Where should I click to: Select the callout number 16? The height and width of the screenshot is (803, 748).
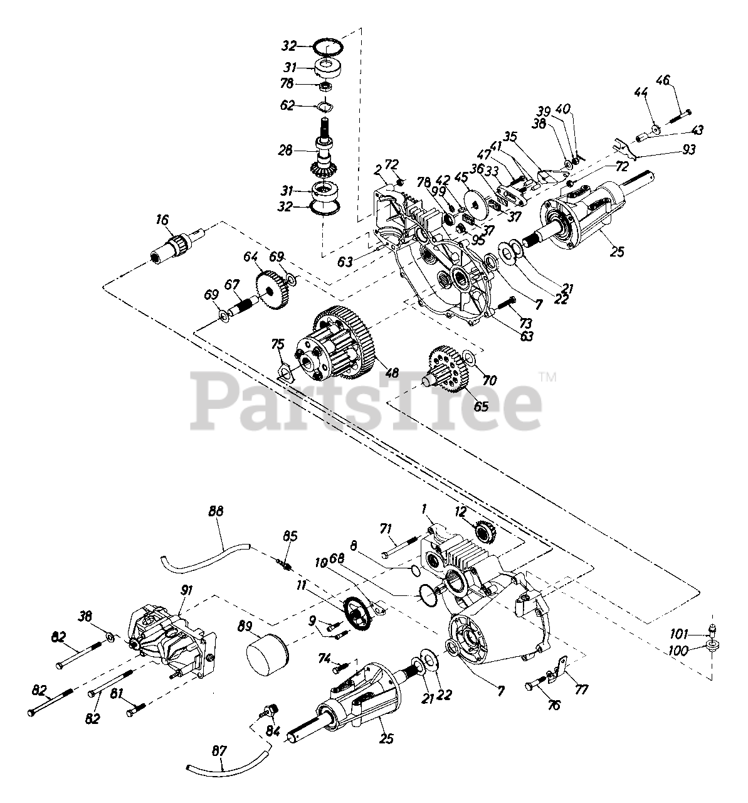[162, 220]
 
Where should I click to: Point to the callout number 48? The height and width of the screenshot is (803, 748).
[392, 372]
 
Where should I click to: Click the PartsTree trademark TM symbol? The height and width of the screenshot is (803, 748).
[547, 377]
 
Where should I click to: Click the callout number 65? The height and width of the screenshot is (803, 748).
[481, 406]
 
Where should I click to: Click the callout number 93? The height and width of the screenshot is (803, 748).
[689, 150]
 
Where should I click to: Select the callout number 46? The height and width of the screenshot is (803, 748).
[663, 80]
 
